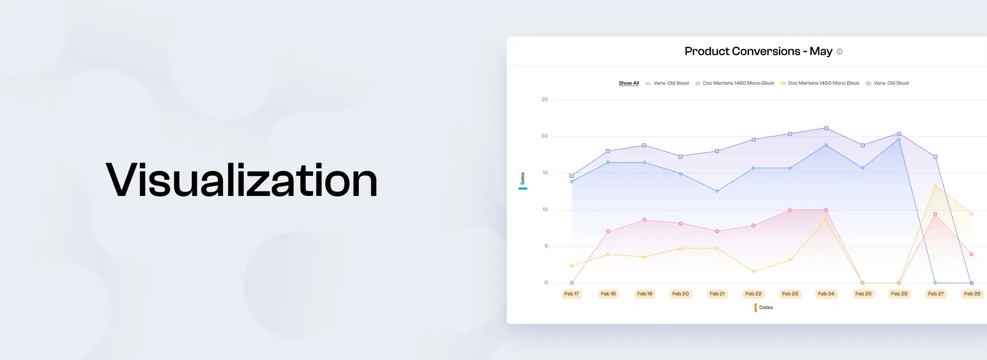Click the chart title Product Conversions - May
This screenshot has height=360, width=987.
click(758, 51)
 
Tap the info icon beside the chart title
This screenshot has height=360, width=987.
click(839, 51)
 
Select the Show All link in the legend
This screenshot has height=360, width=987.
click(629, 83)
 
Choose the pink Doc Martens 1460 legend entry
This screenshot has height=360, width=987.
click(735, 83)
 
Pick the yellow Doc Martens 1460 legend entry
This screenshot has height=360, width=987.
click(820, 83)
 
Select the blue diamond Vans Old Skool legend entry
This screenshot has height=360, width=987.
click(667, 83)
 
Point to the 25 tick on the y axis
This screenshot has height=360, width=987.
click(544, 99)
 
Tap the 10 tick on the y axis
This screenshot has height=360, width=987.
click(545, 209)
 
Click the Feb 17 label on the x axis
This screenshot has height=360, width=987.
click(572, 294)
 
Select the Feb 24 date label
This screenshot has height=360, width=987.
click(826, 294)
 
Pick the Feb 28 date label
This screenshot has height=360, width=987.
click(972, 294)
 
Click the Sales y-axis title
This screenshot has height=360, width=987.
click(522, 178)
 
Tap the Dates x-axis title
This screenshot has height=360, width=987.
click(765, 308)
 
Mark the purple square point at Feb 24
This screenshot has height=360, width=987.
click(826, 128)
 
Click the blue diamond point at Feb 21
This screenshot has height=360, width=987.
click(717, 191)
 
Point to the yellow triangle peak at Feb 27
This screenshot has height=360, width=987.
click(935, 185)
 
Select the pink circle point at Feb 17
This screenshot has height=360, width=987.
click(572, 283)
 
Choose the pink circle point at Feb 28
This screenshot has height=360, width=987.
click(972, 254)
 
